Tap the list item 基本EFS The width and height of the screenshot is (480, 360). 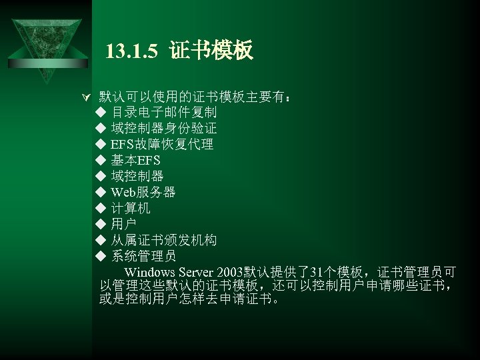tap(135, 160)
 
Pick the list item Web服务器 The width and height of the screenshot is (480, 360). tap(143, 193)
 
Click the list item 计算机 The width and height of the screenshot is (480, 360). tap(131, 208)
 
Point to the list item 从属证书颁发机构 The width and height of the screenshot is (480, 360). tap(163, 240)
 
